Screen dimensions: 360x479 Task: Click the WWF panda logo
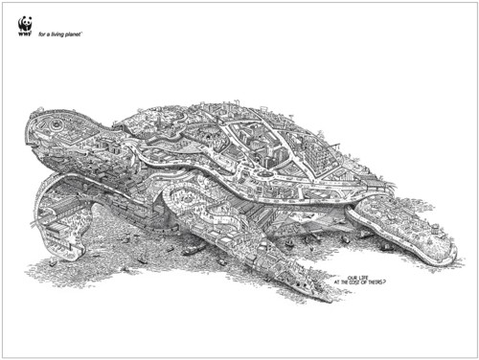[25, 24]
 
